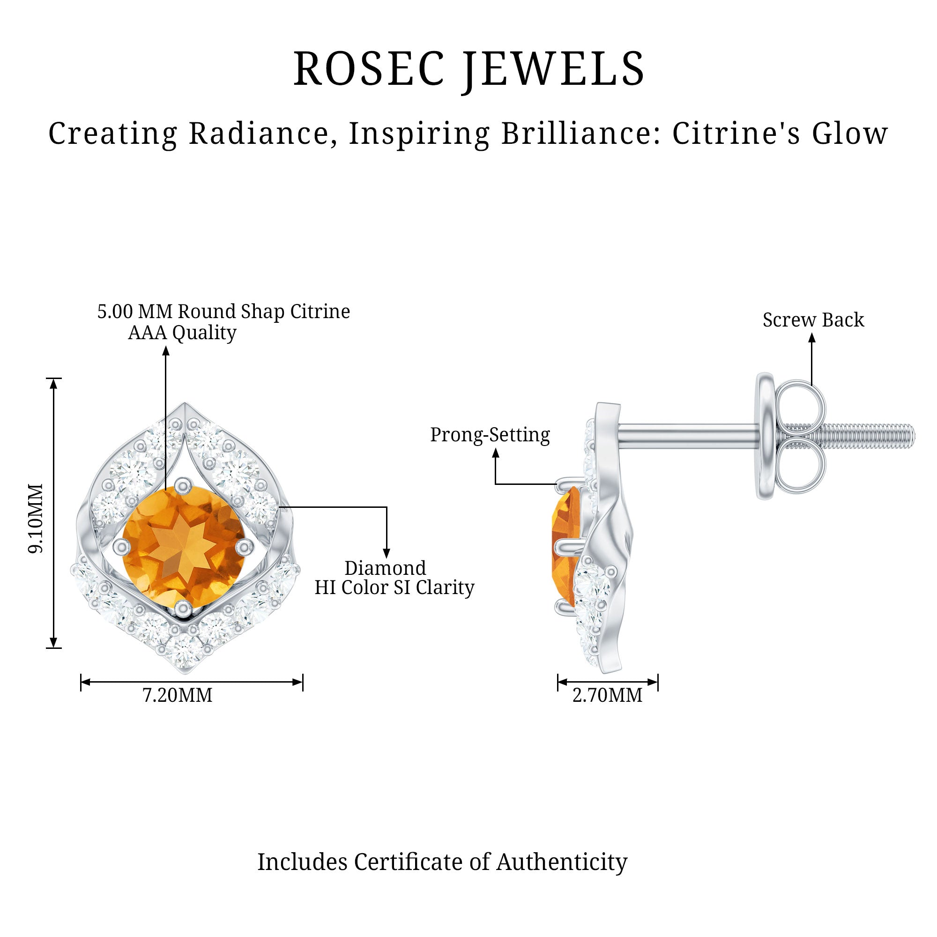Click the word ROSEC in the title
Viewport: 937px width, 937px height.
coord(369,69)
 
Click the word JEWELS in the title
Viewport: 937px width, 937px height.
coord(553,69)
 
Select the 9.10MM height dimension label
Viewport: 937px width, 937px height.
coord(36,519)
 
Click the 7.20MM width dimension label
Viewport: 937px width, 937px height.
coord(178,695)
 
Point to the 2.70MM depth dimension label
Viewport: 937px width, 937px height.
coord(607,695)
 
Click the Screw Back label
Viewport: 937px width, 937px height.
coord(813,320)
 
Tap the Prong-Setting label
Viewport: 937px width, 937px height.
coord(490,435)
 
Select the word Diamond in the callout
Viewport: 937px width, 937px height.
coord(385,568)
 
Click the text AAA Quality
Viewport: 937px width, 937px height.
coord(182,333)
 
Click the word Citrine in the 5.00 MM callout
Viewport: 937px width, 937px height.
coord(320,312)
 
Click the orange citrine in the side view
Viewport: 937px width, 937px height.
coord(566,546)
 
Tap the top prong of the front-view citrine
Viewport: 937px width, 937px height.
coord(182,484)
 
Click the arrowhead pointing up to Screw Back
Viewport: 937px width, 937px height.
coord(812,338)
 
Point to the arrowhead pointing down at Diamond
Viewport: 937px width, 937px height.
coord(387,553)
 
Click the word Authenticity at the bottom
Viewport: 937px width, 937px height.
coord(562,862)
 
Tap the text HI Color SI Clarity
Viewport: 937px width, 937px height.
coord(394,588)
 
